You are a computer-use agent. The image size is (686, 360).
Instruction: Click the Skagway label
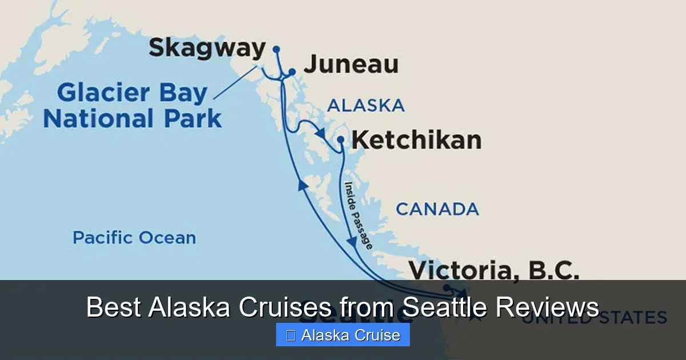tap(207, 49)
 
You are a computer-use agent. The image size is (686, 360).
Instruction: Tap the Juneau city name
tap(350, 64)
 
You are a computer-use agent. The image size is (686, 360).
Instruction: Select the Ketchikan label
tap(416, 139)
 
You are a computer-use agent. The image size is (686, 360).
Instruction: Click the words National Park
tap(132, 119)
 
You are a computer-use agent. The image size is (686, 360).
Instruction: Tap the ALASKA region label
tap(365, 106)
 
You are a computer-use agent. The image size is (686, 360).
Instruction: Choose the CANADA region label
tap(437, 209)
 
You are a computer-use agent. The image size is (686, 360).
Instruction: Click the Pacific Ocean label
tap(134, 238)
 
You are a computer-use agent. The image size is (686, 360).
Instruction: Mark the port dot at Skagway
tap(276, 49)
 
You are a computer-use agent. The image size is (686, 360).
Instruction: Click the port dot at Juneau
tap(292, 72)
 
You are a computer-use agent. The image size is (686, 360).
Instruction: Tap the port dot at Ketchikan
tap(341, 139)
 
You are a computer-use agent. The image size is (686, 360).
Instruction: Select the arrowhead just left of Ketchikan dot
tap(321, 133)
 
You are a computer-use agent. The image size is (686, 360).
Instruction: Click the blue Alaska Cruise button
tap(343, 335)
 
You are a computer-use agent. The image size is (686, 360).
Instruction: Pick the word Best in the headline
tap(114, 307)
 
